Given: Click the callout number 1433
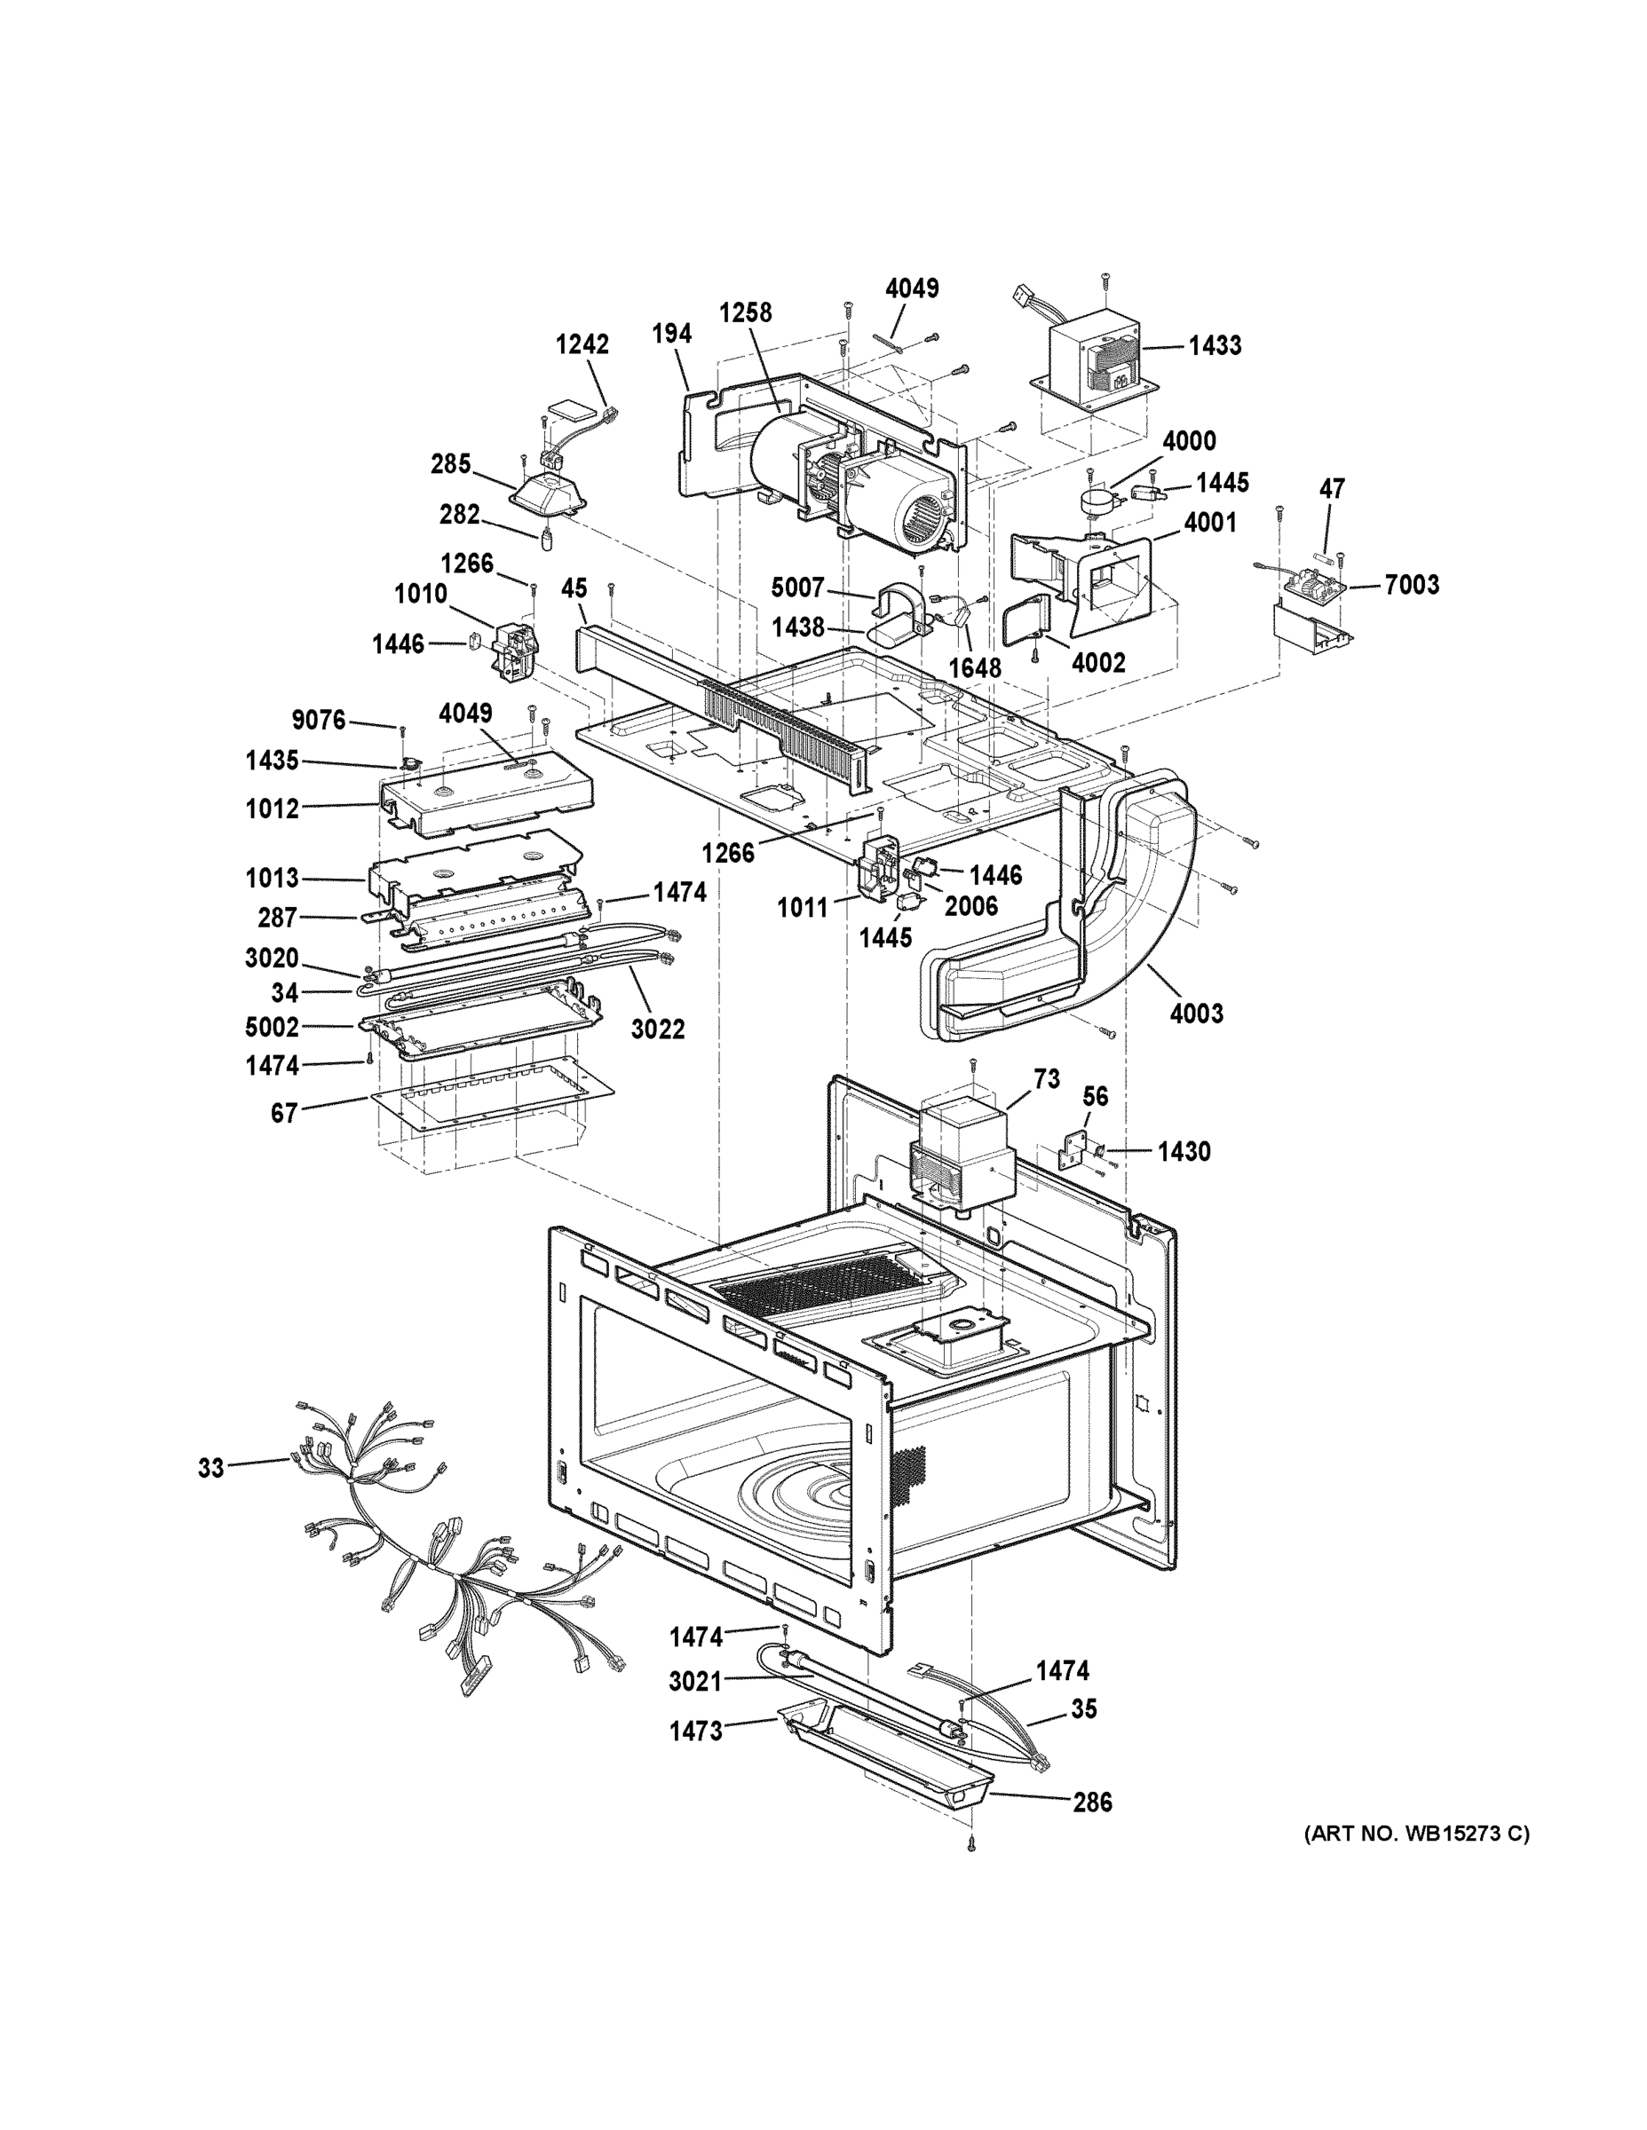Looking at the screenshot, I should pos(1214,345).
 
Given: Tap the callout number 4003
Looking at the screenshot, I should pos(1196,1014).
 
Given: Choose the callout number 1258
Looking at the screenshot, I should pos(746,312).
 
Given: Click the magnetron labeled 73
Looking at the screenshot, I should pos(961,1151).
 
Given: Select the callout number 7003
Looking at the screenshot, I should pos(1412,584).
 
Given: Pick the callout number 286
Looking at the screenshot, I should pos(1092,1803).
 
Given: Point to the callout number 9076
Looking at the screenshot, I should pos(319,720).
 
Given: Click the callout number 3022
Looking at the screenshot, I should pos(658,1029).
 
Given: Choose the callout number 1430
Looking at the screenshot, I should pos(1184,1152).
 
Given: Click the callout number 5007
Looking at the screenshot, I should pos(797,588).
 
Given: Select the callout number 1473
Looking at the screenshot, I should pos(696,1732).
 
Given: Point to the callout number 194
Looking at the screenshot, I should pos(671,334).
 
